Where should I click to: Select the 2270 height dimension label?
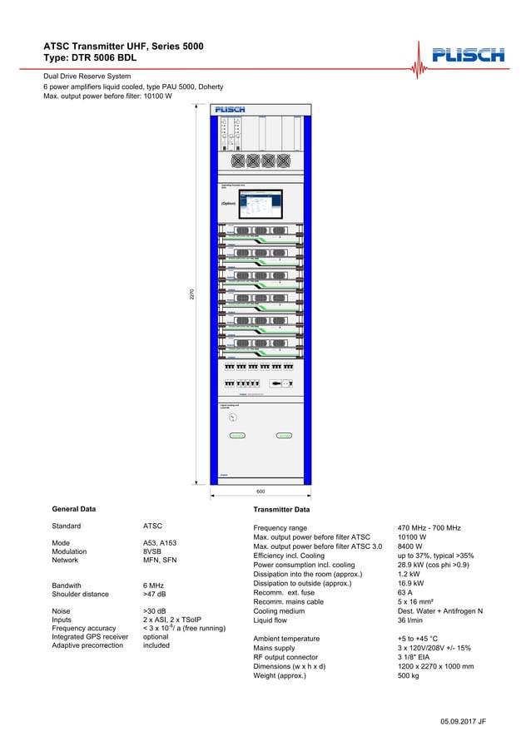(x=191, y=294)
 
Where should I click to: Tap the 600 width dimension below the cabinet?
(x=261, y=492)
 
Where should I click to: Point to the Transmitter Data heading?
(x=281, y=509)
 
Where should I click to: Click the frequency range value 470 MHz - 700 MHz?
(x=429, y=528)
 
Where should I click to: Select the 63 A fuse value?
(x=406, y=593)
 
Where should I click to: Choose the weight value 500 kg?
(x=409, y=675)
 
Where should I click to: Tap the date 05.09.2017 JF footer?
(x=463, y=721)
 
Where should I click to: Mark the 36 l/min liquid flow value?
(x=411, y=620)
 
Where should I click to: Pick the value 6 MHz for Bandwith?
(x=153, y=585)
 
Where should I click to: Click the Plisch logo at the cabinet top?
(x=230, y=110)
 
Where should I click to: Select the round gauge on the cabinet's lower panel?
(x=233, y=417)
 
